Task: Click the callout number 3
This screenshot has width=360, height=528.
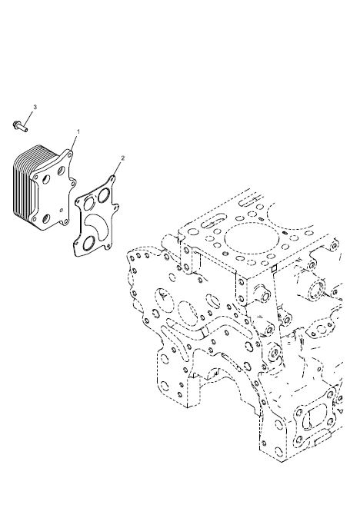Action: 35,107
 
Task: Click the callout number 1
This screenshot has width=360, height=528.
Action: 78,131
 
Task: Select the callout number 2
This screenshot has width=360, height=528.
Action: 123,158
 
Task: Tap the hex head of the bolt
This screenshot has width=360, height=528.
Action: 16,125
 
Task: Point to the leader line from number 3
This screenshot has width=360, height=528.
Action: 28,118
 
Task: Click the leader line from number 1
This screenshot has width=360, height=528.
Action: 75,143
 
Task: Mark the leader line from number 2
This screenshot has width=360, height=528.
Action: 118,169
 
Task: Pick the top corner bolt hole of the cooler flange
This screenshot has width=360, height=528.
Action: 69,155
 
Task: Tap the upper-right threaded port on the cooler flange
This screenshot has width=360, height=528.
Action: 61,171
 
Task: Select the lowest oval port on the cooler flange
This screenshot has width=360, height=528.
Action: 46,219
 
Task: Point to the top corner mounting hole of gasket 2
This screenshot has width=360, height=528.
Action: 113,179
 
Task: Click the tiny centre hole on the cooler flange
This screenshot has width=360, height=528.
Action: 61,210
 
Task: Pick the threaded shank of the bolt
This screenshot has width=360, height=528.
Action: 23,128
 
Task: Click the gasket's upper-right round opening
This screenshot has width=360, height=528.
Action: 104,196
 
